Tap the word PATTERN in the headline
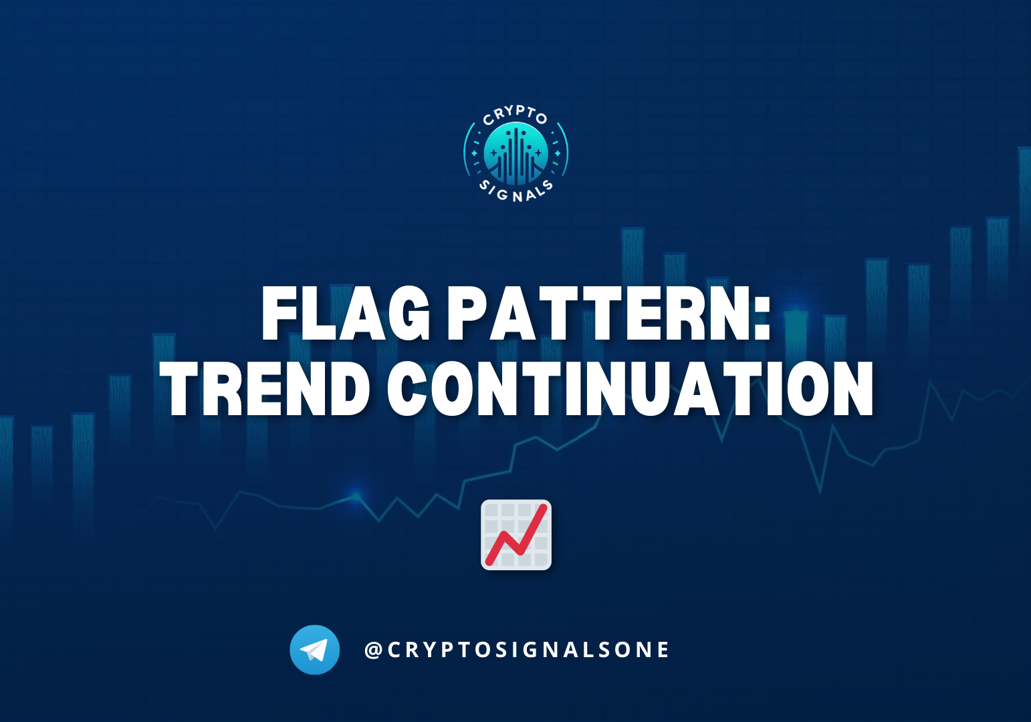pyautogui.click(x=598, y=314)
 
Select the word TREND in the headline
pyautogui.click(x=265, y=389)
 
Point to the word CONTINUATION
pyautogui.click(x=630, y=389)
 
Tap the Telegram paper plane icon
pyautogui.click(x=314, y=650)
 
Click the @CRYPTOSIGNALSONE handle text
pyautogui.click(x=517, y=650)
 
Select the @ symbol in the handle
pyautogui.click(x=373, y=650)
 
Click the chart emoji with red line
pyautogui.click(x=516, y=535)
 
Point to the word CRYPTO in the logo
pyautogui.click(x=515, y=115)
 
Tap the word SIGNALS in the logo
pyautogui.click(x=516, y=193)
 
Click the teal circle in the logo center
pyautogui.click(x=516, y=154)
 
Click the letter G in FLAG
pyautogui.click(x=407, y=314)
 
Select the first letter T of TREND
pyautogui.click(x=180, y=389)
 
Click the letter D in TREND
pyautogui.click(x=348, y=389)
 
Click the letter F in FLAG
pyautogui.click(x=279, y=314)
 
